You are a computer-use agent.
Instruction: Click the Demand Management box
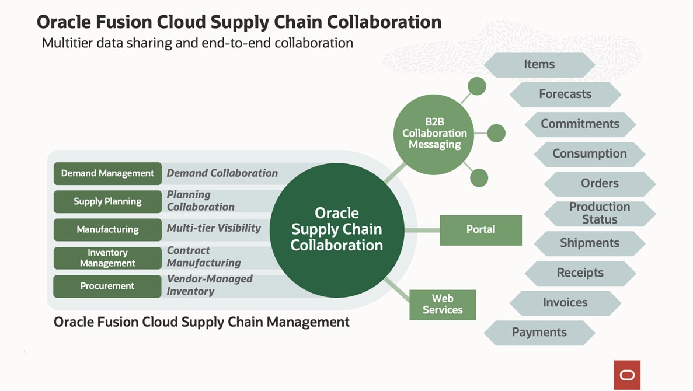(107, 173)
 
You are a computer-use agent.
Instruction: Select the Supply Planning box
(107, 201)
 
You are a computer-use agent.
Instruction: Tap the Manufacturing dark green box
(107, 229)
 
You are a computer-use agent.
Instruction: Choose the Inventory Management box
(107, 258)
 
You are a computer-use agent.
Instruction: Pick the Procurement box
(107, 286)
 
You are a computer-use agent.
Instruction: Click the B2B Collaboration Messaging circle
(434, 133)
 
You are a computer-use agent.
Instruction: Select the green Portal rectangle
(480, 229)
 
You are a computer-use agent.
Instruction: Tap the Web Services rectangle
(443, 305)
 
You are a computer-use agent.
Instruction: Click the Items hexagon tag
(539, 64)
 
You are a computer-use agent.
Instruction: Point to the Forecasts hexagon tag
(565, 94)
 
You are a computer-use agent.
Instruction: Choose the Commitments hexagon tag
(580, 124)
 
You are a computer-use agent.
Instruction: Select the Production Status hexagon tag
(600, 213)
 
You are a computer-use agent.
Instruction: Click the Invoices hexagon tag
(565, 302)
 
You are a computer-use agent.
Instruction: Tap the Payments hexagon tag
(539, 332)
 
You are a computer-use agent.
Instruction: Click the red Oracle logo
(627, 375)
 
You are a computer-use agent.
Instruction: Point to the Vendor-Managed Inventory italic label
(210, 285)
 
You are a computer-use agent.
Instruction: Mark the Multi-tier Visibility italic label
(214, 228)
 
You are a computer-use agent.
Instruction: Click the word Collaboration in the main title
(384, 22)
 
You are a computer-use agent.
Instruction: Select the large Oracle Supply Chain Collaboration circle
(337, 229)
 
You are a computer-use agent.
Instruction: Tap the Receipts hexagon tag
(580, 273)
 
